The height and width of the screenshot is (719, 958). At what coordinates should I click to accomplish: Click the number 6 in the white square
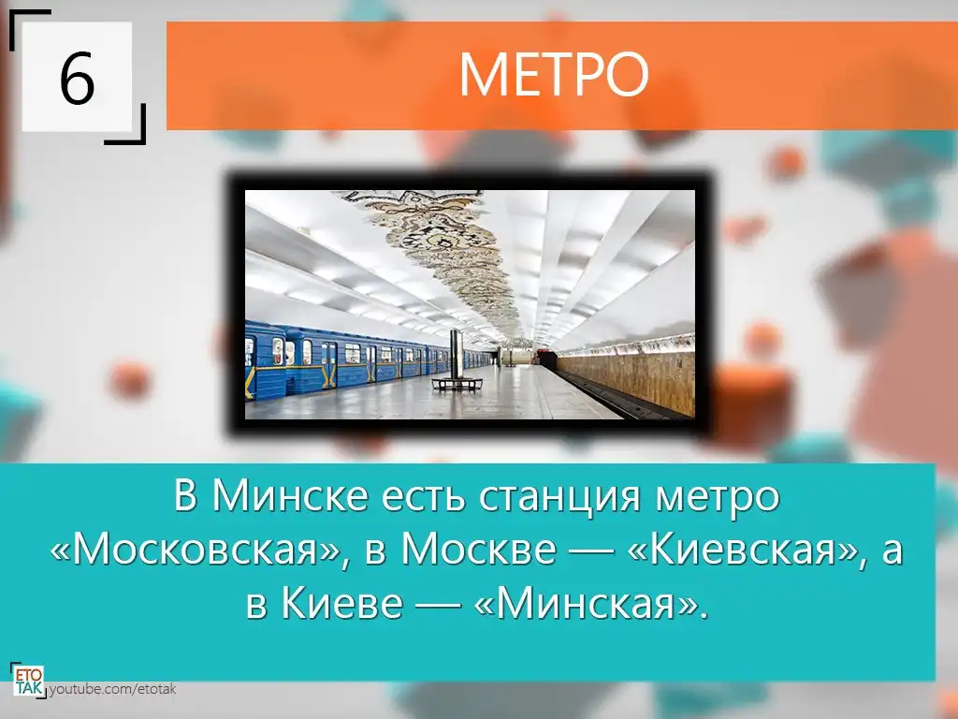[x=77, y=78]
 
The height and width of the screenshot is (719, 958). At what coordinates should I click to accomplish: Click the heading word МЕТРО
[x=554, y=75]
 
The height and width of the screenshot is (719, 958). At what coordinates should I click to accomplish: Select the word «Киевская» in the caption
[x=744, y=550]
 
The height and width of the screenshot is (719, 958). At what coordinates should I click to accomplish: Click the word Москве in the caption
[x=478, y=549]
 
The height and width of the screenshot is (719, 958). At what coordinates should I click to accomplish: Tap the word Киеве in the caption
[x=342, y=603]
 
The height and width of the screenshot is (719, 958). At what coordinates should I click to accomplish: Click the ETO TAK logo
[x=28, y=681]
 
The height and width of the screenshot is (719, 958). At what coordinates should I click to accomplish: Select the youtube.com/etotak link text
[x=112, y=690]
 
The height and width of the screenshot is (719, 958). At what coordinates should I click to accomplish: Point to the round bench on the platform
[x=457, y=384]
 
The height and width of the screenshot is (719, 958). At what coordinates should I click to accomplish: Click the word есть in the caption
[x=422, y=497]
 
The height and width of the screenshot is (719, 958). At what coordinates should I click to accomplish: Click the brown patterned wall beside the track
[x=630, y=376]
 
